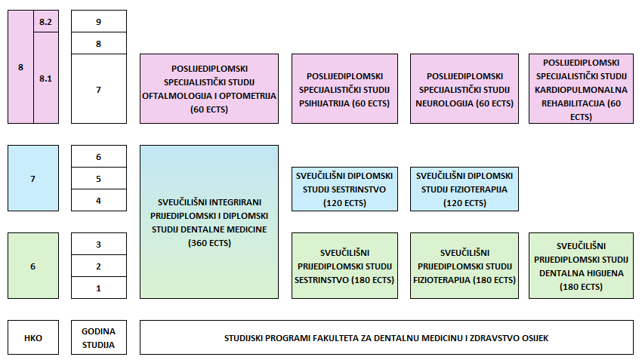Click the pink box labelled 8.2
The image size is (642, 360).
click(x=45, y=21)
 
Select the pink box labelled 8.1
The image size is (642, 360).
click(x=45, y=78)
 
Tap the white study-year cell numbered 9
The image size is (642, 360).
click(x=99, y=22)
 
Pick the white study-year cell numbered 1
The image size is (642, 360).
click(x=99, y=288)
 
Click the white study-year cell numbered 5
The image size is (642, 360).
click(x=99, y=179)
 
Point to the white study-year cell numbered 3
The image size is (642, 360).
click(x=99, y=244)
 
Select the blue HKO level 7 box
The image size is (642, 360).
click(x=32, y=179)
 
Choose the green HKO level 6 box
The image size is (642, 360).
click(x=32, y=266)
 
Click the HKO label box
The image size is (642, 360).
click(x=32, y=337)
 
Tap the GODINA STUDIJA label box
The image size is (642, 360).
click(x=99, y=337)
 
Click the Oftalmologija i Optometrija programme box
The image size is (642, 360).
click(x=209, y=89)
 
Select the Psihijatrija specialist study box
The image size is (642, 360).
click(x=350, y=89)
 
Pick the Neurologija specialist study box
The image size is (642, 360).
click(x=464, y=89)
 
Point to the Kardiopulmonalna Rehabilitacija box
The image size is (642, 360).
click(x=581, y=89)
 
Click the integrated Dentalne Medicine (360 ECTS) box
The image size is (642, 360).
click(x=209, y=222)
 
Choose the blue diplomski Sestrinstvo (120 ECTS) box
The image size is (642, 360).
click(x=350, y=189)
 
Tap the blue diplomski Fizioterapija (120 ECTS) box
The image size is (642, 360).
click(x=464, y=189)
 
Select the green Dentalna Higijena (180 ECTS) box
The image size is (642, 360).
click(x=581, y=266)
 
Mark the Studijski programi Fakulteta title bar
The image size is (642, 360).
click(x=386, y=337)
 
